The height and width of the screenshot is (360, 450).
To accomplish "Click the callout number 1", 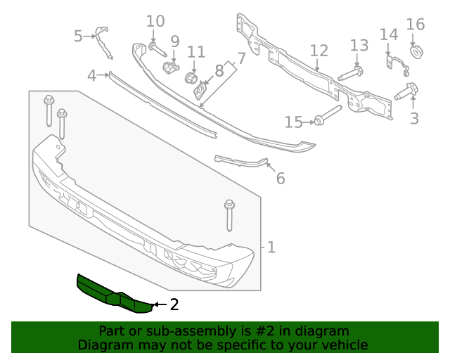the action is coord(271,247).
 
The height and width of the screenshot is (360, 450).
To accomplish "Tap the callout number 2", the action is coord(174,304).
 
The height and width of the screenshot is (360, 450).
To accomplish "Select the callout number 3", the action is coord(414,118).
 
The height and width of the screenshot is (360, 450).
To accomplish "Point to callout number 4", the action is coord(92,75).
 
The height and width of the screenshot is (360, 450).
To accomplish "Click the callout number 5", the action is coord(79,35).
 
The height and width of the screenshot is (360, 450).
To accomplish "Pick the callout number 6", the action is coord(281,179).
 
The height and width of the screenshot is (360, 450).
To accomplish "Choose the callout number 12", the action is coord(319,51).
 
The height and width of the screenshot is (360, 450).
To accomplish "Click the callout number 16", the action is coord(416,25).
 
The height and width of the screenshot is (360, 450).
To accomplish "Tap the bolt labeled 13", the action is coord(350,73).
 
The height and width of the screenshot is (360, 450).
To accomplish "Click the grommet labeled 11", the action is coord(190,77).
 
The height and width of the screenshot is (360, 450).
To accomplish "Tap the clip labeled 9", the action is coord(171,67).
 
